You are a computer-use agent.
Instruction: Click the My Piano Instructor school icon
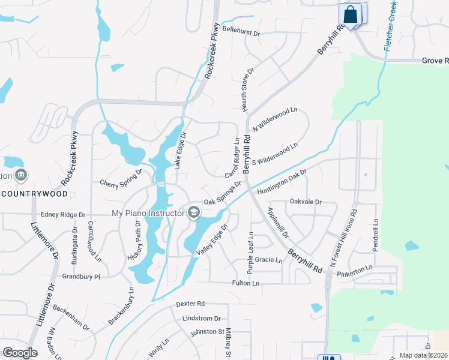tap(194, 212)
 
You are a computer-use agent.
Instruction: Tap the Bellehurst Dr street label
tap(241, 34)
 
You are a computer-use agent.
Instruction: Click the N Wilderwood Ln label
tap(275, 120)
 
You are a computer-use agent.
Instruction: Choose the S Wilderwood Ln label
tap(275, 154)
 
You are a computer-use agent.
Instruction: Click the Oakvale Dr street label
tap(306, 202)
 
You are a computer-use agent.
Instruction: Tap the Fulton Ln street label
tap(246, 283)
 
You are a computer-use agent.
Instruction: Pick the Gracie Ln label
tap(268, 260)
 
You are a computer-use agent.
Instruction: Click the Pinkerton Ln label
tap(355, 267)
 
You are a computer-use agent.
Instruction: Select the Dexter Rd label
tap(191, 304)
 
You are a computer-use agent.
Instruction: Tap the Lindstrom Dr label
tap(201, 318)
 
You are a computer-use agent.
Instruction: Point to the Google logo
tap(20, 353)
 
